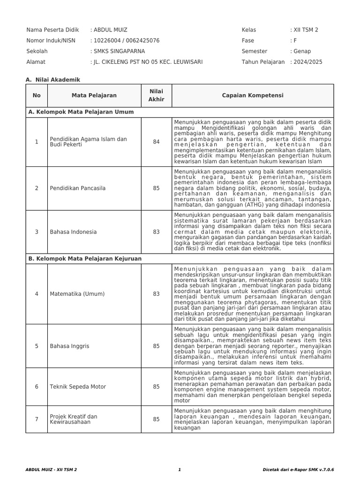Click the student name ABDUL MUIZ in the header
(x=110, y=30)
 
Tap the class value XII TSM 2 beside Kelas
(x=306, y=30)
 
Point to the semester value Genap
(x=302, y=51)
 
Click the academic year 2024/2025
(x=308, y=62)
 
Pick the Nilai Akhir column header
(x=156, y=96)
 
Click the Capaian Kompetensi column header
(x=253, y=96)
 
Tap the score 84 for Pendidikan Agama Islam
(x=156, y=142)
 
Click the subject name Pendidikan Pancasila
(x=78, y=188)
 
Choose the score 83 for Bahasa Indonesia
(x=156, y=232)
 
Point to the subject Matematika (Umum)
(x=77, y=294)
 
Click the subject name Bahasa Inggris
(x=69, y=346)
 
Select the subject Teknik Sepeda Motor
(x=78, y=387)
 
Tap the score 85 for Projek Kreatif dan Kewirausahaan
(x=156, y=420)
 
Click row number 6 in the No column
(x=37, y=387)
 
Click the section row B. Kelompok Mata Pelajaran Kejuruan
(x=85, y=259)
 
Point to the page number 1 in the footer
(x=180, y=469)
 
